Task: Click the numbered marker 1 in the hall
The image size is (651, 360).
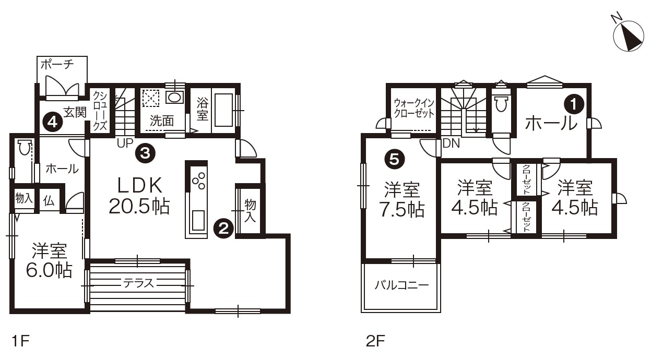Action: (574, 104)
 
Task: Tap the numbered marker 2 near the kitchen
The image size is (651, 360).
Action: (223, 229)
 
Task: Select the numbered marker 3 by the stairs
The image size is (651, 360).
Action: (145, 152)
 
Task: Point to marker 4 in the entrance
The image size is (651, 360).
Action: (53, 123)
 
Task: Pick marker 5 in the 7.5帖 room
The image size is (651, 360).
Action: (394, 159)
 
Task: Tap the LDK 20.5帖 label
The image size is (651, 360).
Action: (139, 196)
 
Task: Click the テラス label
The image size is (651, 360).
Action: (138, 283)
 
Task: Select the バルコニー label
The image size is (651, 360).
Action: (401, 285)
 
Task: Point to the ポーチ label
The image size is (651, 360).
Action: (57, 64)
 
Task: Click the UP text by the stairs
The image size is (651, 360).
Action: (125, 142)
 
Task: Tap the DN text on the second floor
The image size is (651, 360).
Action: (451, 143)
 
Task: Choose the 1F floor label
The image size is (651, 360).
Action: (21, 341)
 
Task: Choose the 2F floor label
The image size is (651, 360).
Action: (375, 341)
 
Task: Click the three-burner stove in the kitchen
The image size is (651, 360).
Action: (198, 181)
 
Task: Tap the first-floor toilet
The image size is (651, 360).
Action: (25, 147)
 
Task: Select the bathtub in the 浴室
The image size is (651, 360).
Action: (223, 110)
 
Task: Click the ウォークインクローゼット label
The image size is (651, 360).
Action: (414, 108)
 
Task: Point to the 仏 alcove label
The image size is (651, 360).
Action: (49, 200)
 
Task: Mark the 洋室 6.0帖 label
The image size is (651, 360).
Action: (50, 260)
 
